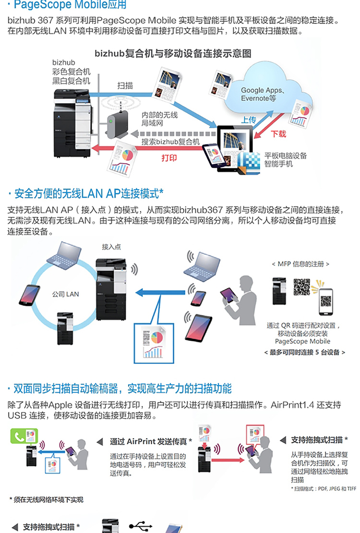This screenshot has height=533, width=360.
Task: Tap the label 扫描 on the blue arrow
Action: click(125, 85)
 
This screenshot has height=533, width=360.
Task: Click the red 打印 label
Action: click(169, 157)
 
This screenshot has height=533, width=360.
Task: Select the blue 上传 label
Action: click(248, 120)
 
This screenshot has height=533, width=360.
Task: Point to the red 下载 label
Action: click(278, 133)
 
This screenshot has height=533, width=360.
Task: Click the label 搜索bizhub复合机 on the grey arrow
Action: click(171, 142)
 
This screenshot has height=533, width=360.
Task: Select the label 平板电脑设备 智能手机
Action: click(286, 160)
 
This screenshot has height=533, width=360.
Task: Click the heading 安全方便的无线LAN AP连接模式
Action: click(86, 194)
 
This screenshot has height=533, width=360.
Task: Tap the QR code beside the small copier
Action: click(302, 286)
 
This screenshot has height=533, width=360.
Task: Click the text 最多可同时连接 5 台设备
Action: click(304, 352)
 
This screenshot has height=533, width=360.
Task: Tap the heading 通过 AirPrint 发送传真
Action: click(151, 441)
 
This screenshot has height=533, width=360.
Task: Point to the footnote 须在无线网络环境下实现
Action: click(46, 500)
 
